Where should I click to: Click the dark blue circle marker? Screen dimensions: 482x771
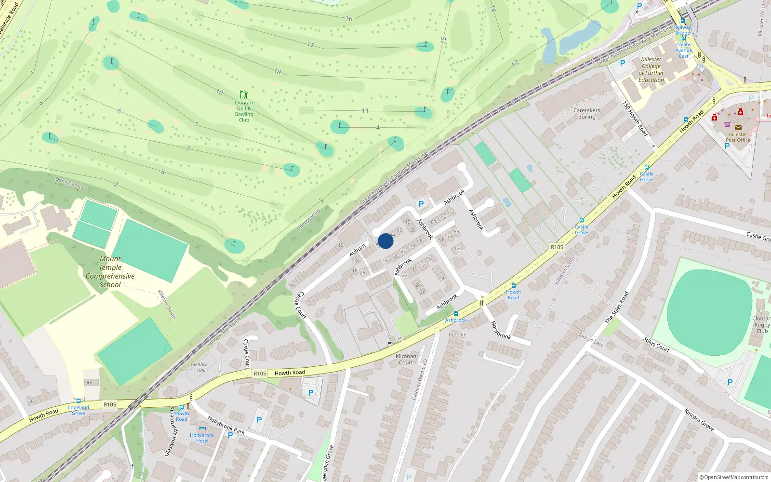pos(385,241)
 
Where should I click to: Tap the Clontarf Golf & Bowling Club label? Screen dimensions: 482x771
pos(244,111)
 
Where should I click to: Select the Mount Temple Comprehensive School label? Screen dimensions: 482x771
pos(110,272)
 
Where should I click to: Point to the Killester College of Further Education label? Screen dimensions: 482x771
pos(651,70)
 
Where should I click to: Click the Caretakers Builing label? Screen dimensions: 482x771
pos(586,113)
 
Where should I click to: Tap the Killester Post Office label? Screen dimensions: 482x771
pos(738,137)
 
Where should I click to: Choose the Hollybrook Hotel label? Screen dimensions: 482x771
pos(202,438)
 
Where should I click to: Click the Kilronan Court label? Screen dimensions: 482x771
pos(406,359)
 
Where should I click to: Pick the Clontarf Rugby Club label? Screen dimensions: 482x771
pos(761,324)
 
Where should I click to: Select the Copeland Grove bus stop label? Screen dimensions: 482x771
pos(78,410)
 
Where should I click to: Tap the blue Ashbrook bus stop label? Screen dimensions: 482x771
pos(455,320)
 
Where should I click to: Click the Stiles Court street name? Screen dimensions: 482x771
pos(656,344)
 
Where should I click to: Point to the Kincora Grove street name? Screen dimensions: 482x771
pos(699,419)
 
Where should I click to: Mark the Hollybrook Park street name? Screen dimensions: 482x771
pos(226,425)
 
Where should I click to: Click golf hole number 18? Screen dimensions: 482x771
pos(278,72)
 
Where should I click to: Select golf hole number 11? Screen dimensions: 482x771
pos(365,111)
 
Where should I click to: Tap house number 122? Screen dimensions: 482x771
pos(458,249)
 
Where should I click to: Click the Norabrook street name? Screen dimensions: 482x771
pos(501,330)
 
